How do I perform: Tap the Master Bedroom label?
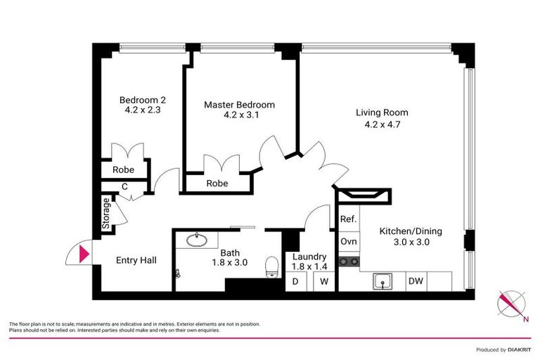point(239,105)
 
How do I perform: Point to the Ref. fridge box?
point(348,219)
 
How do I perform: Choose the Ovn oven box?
point(348,241)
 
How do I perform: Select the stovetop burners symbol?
point(349,262)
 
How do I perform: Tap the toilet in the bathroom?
point(271,266)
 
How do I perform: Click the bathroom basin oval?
point(196,241)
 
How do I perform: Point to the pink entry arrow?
point(84,252)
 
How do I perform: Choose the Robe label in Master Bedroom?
point(217,184)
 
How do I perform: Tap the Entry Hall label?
point(136,260)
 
